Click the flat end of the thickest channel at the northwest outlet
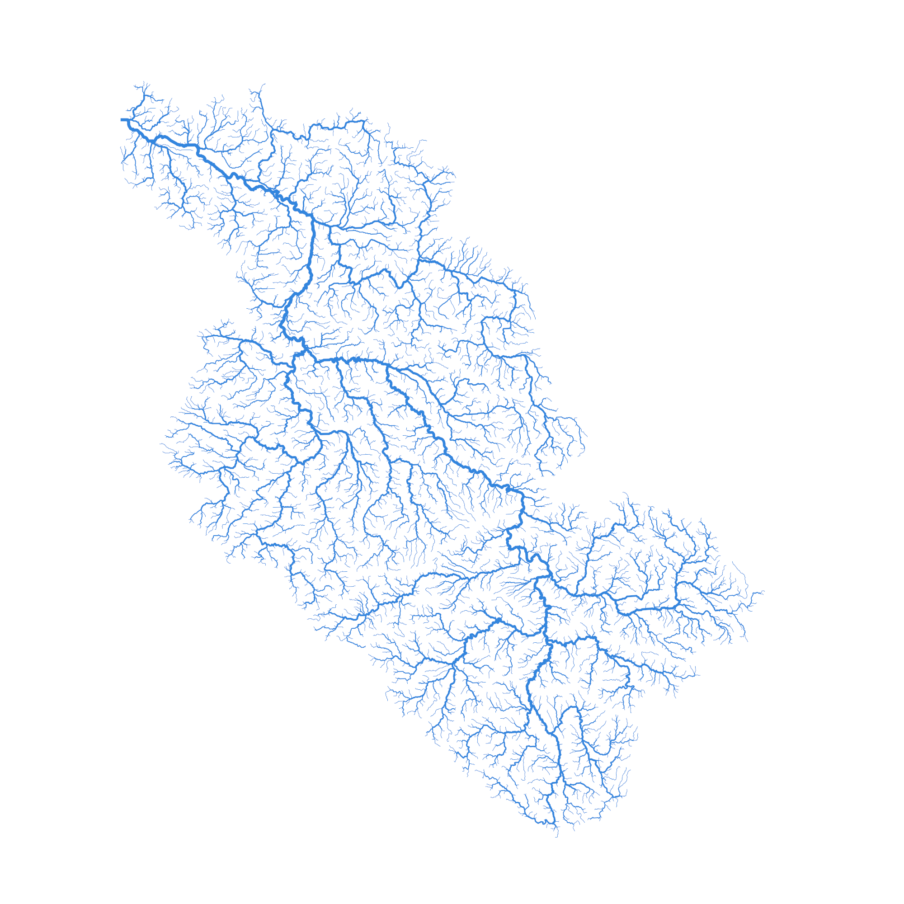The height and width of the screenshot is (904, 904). point(122,120)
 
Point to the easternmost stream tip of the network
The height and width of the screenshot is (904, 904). point(763,592)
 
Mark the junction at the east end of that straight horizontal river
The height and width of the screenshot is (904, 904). point(678,607)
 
